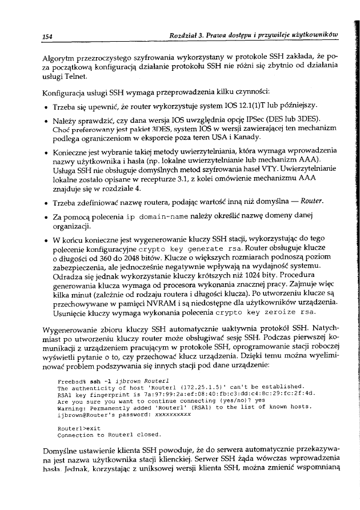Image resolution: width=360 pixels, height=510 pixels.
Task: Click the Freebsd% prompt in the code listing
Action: [x=71, y=380]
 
